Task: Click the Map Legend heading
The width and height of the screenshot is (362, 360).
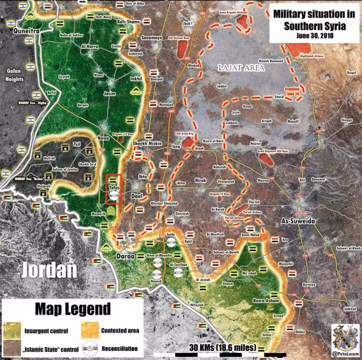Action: tap(73, 310)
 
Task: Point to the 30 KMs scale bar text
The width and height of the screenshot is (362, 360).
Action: tap(222, 348)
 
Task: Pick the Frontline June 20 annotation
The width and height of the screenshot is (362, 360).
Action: tap(295, 91)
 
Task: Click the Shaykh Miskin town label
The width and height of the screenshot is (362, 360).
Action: tap(143, 145)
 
